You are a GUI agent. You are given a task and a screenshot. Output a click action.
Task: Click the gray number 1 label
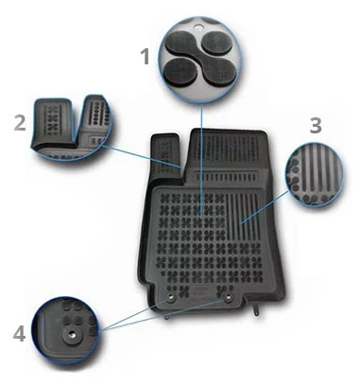[146, 57]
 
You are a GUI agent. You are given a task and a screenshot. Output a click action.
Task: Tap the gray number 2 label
[20, 123]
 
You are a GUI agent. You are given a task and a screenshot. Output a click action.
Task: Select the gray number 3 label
[316, 125]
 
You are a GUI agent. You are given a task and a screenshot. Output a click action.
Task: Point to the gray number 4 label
[19, 334]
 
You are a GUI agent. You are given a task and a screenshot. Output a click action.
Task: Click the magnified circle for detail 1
[200, 59]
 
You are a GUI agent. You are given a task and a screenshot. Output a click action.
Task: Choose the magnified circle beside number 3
[315, 174]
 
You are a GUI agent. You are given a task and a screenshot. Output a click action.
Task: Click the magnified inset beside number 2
[72, 127]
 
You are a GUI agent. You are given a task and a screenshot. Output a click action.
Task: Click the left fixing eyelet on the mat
[171, 298]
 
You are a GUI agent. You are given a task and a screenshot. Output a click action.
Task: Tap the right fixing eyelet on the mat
[228, 297]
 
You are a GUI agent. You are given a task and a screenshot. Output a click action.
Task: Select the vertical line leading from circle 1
[201, 160]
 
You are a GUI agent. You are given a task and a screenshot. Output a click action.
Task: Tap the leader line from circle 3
[265, 207]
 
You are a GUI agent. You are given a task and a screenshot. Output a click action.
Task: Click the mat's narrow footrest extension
[166, 155]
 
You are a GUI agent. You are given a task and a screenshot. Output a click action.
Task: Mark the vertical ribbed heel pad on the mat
[243, 216]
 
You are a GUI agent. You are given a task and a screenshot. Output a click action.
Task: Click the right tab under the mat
[257, 310]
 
